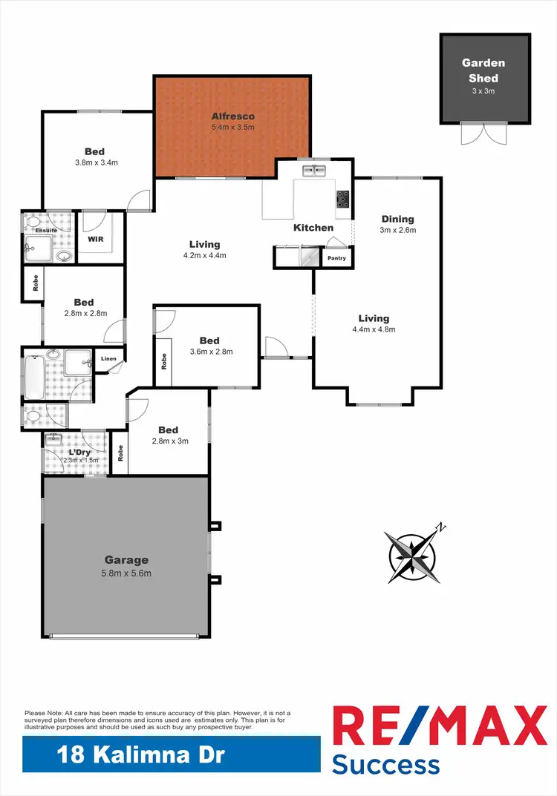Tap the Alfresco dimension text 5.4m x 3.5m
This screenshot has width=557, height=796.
[233, 128]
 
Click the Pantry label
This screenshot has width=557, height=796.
[336, 257]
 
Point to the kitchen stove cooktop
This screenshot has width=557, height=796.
[343, 199]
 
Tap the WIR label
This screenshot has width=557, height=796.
[95, 240]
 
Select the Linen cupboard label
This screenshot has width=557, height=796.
[108, 359]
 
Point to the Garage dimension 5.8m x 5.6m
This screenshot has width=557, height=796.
[126, 573]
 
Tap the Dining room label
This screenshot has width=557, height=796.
[397, 219]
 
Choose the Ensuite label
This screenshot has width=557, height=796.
[46, 231]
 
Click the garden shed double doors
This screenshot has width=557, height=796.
[480, 133]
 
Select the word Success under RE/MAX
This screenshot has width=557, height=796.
[385, 764]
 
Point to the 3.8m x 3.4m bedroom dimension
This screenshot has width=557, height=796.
[97, 162]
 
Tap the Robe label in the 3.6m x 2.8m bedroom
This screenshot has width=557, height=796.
[164, 361]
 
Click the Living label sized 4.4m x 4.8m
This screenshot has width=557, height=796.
[374, 318]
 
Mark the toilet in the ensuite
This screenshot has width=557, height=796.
[33, 222]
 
